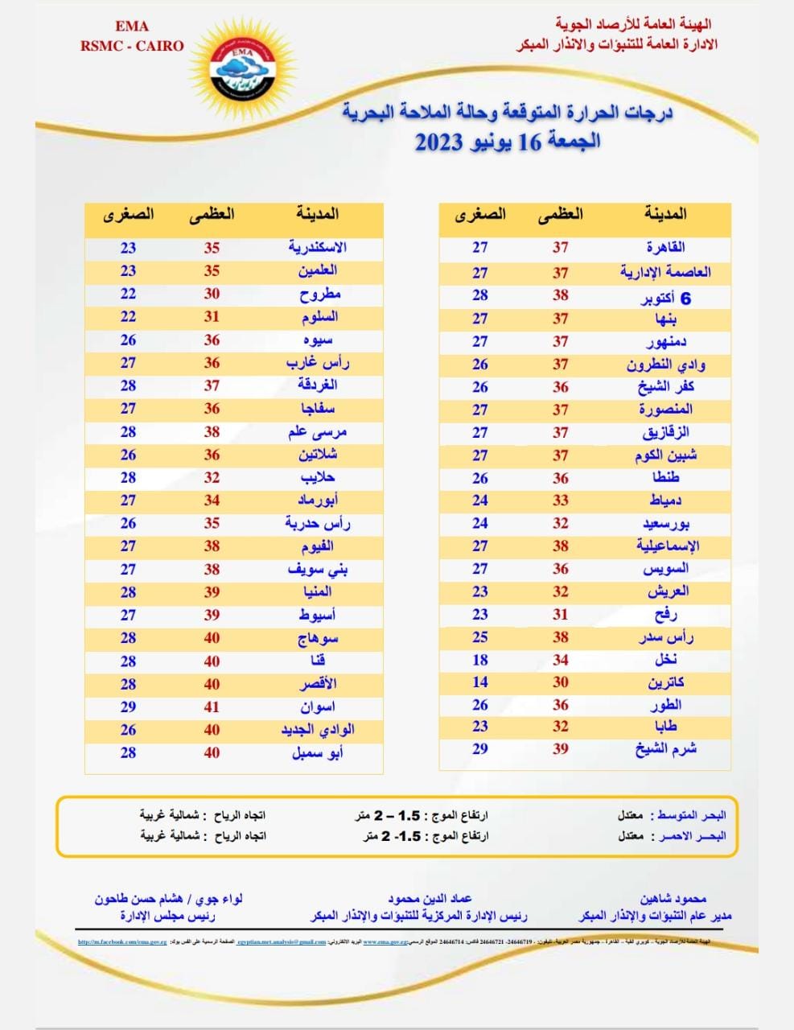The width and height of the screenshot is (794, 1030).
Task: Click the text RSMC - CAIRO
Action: pyautogui.click(x=132, y=46)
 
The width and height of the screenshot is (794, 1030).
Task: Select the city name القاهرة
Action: pyautogui.click(x=665, y=248)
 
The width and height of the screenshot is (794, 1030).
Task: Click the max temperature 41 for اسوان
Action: pyautogui.click(x=212, y=707)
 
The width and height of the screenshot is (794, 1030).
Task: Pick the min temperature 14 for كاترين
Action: pyautogui.click(x=480, y=682)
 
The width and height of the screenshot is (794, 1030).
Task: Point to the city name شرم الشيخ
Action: pyautogui.click(x=665, y=749)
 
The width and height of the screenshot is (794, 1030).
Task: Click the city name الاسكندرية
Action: pyautogui.click(x=317, y=248)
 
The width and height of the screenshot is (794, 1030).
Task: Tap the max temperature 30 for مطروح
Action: pyautogui.click(x=212, y=294)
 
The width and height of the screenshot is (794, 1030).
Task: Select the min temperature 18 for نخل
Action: pyautogui.click(x=480, y=660)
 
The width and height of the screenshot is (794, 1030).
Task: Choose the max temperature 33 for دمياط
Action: pyautogui.click(x=561, y=501)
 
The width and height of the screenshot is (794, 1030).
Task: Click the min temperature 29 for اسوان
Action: pyautogui.click(x=129, y=707)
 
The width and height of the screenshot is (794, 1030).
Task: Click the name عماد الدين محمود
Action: pyautogui.click(x=430, y=899)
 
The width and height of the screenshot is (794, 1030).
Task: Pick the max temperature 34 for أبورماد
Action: pyautogui.click(x=212, y=501)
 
